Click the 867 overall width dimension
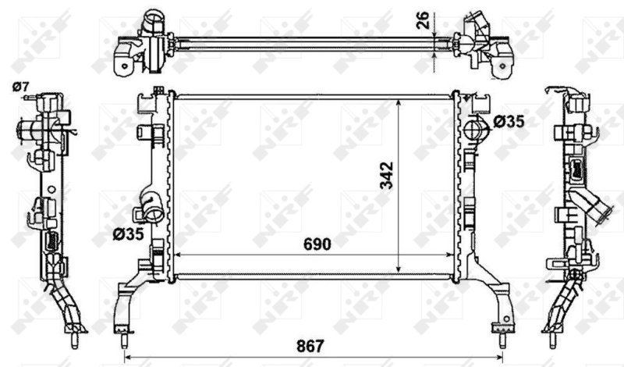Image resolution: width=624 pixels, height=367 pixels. click(310, 345)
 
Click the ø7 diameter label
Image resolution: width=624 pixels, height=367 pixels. click(20, 85)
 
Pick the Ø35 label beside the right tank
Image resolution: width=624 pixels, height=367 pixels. click(509, 121)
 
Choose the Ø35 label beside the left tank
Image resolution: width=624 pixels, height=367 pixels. click(126, 233)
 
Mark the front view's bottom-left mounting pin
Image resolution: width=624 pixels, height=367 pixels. click(123, 340)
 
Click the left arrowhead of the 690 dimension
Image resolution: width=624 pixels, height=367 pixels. click(175, 255)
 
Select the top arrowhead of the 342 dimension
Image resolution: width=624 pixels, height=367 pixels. click(399, 102)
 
